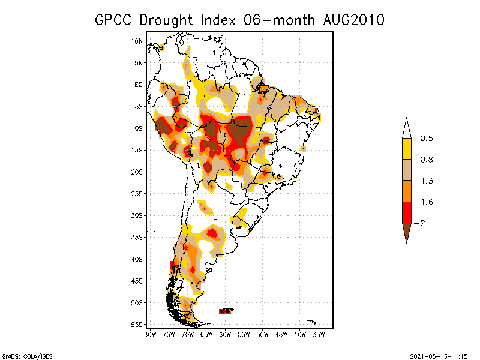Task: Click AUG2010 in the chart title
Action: click(350, 20)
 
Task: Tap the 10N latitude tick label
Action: click(137, 41)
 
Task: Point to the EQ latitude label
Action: click(139, 85)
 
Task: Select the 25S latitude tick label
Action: click(137, 193)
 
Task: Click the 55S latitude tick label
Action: click(137, 325)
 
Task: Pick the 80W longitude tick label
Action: click(150, 334)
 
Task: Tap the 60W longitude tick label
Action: click(225, 334)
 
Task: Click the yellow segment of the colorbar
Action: click(406, 149)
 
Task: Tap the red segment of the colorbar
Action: click(406, 212)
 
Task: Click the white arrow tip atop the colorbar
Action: click(406, 128)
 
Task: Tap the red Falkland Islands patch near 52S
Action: click(226, 311)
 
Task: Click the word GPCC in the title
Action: click(114, 20)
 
